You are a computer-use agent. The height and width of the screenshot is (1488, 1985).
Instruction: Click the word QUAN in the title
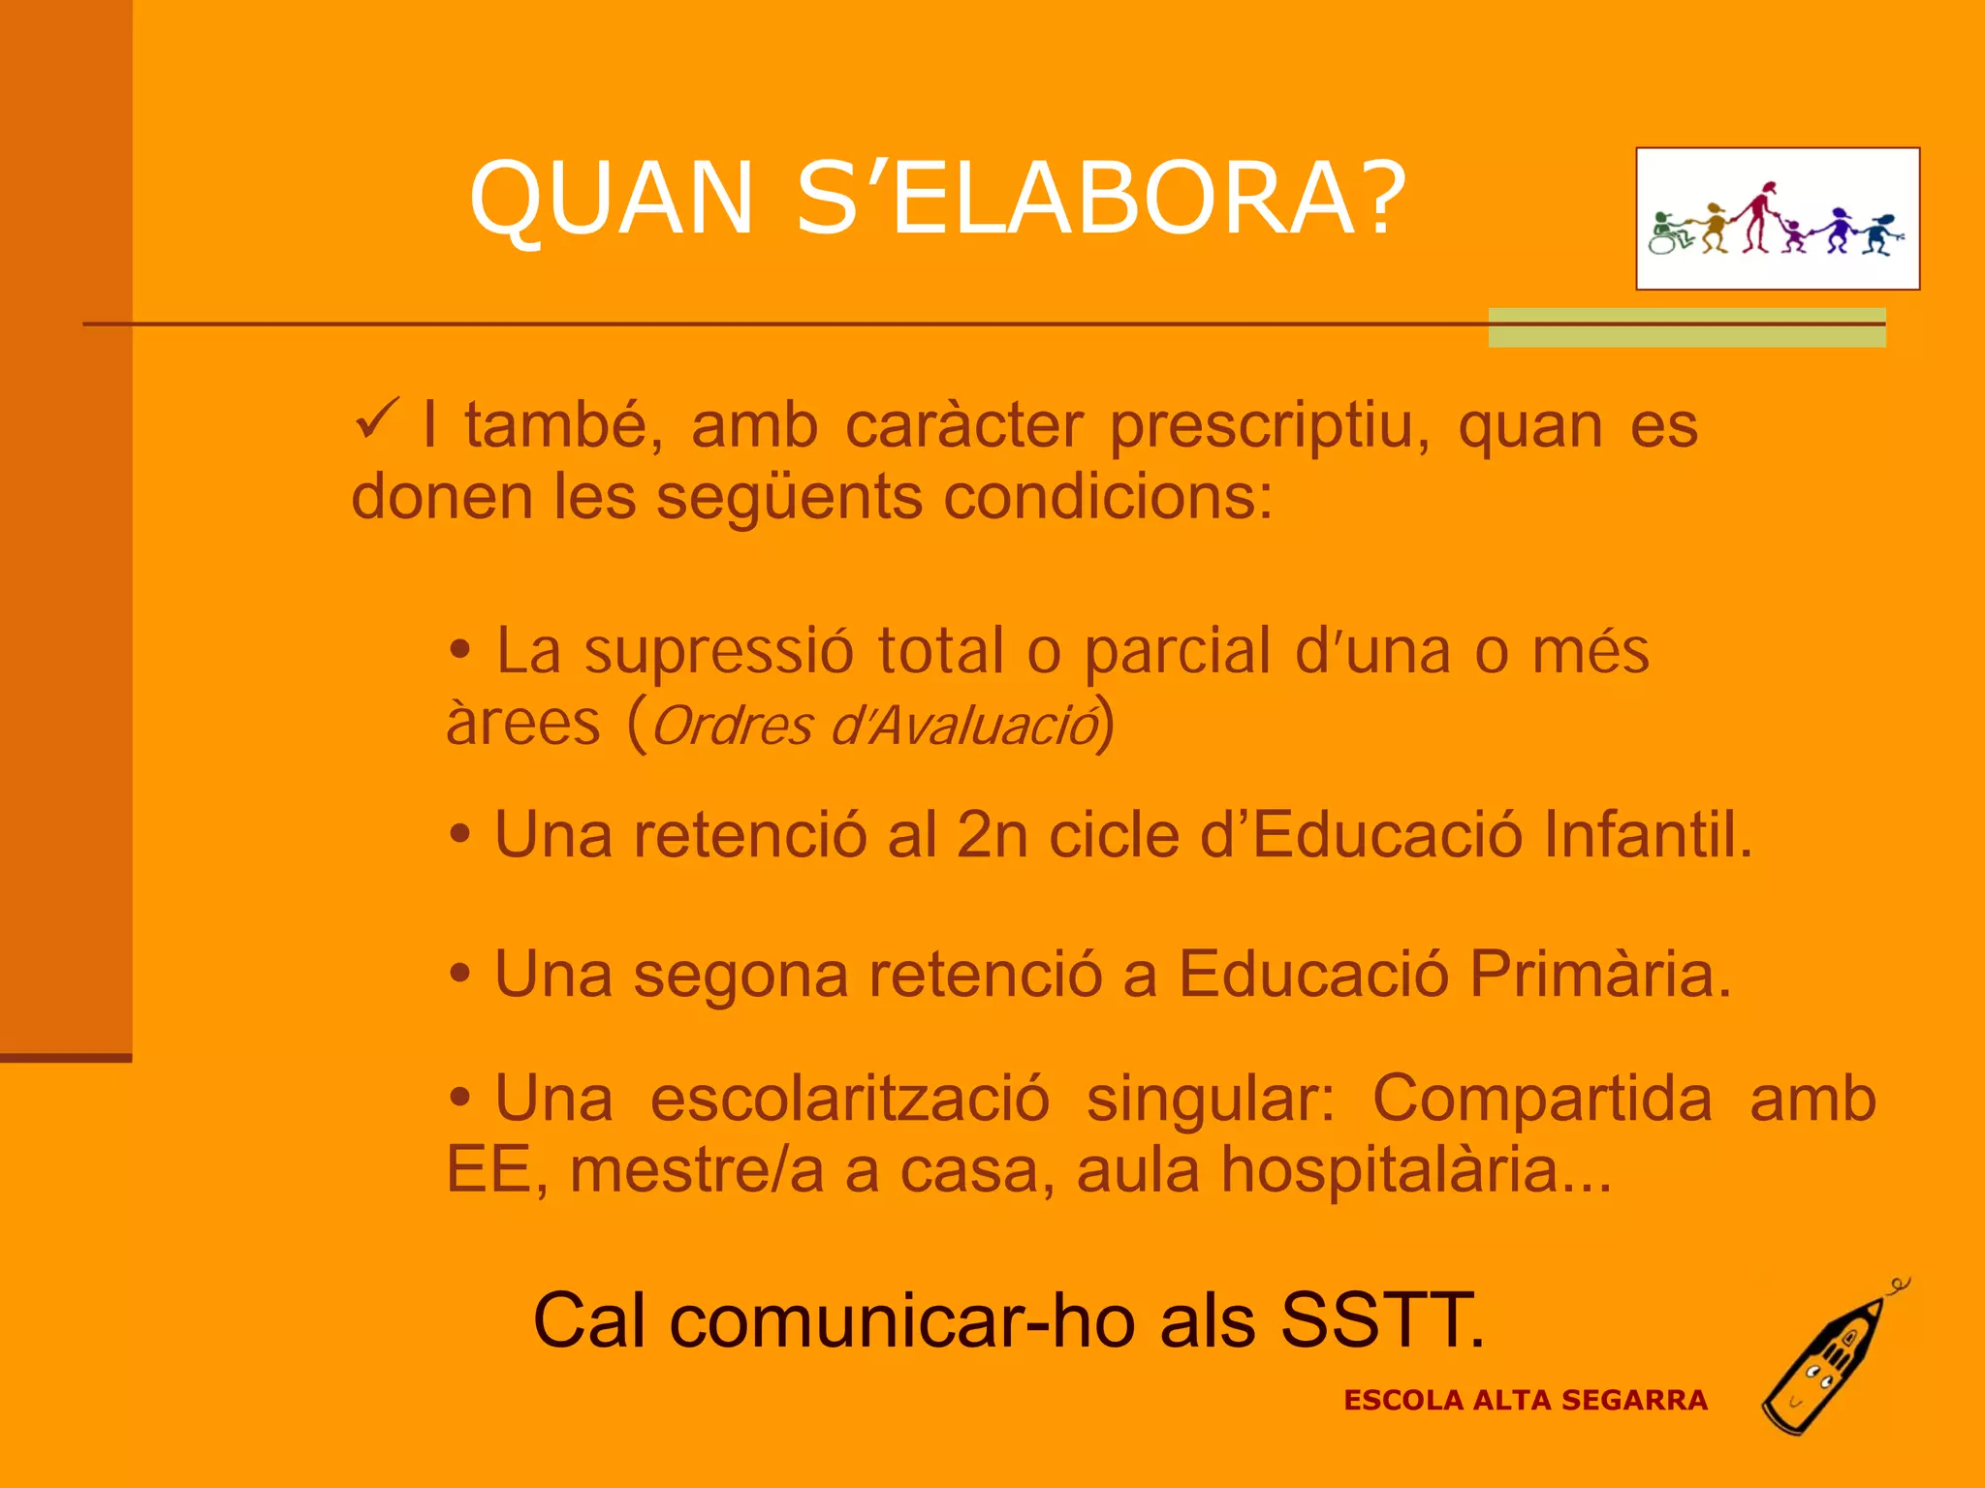coord(612,198)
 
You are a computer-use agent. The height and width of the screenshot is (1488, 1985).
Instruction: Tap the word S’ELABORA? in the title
coord(1101,198)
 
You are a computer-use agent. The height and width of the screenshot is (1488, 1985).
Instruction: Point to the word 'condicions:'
coord(1108,498)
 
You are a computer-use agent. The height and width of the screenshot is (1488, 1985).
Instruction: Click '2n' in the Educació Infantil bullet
coord(992,834)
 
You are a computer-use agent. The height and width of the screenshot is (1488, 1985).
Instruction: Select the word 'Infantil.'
coord(1648,834)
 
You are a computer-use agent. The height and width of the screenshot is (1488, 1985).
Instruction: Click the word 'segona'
coord(740,974)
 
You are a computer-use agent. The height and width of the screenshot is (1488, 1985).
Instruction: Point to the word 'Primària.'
coord(1600,974)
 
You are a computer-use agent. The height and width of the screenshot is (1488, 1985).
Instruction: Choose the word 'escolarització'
coord(849,1100)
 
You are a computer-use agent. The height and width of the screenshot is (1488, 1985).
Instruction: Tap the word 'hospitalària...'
coord(1416,1170)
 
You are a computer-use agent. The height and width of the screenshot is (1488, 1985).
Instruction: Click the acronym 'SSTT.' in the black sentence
coord(1382,1320)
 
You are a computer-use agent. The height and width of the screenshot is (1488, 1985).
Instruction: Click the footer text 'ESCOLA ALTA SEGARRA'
coord(1525,1401)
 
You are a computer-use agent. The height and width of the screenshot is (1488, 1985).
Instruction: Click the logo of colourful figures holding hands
coord(1778,219)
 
